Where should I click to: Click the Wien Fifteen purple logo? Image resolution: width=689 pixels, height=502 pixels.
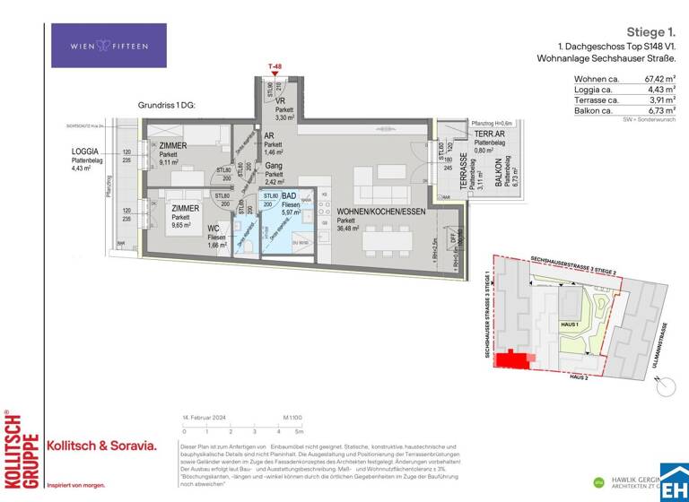109,46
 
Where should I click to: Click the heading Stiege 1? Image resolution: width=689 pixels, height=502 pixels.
650,32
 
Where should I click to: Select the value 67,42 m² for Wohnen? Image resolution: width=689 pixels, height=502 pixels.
654,79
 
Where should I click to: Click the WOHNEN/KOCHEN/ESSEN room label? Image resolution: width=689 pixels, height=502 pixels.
375,212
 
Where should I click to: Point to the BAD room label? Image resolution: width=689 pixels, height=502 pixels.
290,195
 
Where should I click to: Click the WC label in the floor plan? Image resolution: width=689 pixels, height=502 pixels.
213,229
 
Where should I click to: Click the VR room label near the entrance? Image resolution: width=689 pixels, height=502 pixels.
281,101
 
